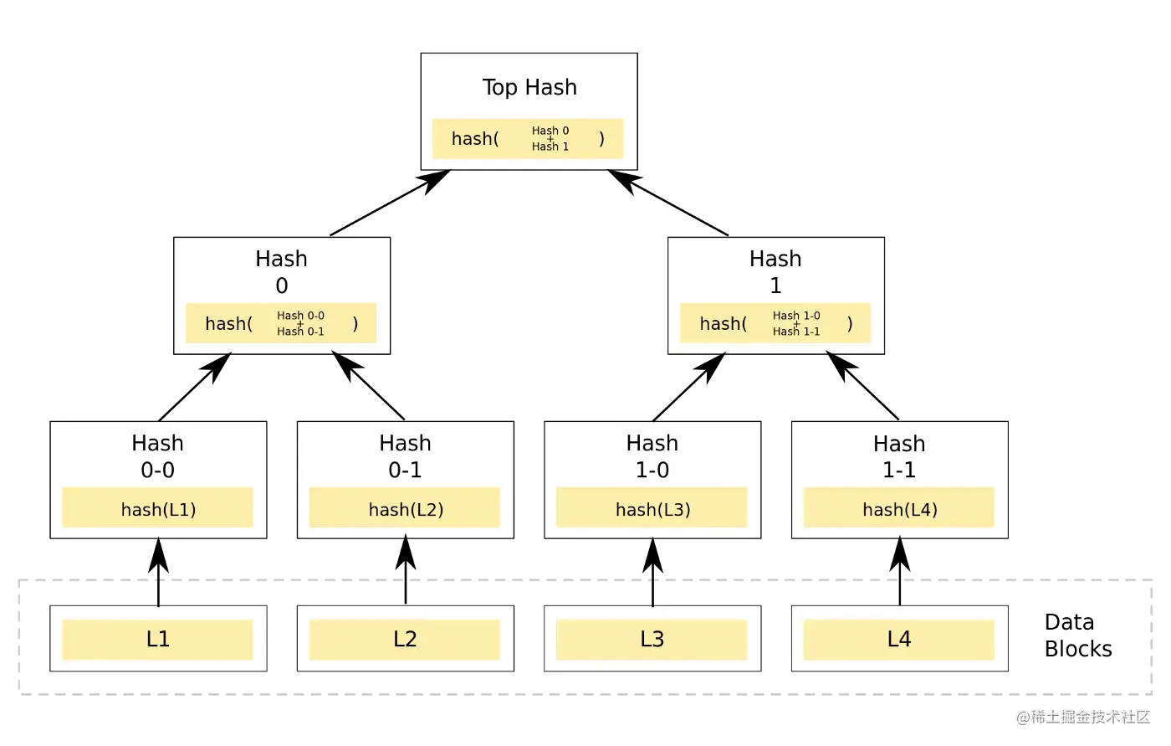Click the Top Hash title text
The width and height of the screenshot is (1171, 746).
point(529,87)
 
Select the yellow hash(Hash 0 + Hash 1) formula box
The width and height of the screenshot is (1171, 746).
point(528,139)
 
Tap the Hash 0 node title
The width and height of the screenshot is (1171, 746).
point(282,272)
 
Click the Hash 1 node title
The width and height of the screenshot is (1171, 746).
point(775,272)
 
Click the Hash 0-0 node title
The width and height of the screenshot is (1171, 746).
point(157,456)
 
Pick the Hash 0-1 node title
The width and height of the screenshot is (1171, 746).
point(405,456)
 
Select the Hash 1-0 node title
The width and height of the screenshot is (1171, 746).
point(652,456)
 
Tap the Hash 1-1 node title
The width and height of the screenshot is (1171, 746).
point(899,456)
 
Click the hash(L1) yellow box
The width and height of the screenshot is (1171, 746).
point(157,508)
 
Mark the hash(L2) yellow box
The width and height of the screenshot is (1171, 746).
point(405,508)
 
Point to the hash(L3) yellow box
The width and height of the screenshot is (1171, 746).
point(652,508)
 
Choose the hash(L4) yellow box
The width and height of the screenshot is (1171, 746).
point(899,508)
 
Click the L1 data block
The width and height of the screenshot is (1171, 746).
point(157,640)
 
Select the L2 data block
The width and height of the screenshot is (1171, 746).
point(405,640)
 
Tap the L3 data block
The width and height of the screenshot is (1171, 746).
point(652,640)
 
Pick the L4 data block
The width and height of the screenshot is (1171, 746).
point(899,640)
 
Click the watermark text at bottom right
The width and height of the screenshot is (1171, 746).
point(1082,716)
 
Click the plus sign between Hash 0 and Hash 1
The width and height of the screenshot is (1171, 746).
point(550,139)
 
